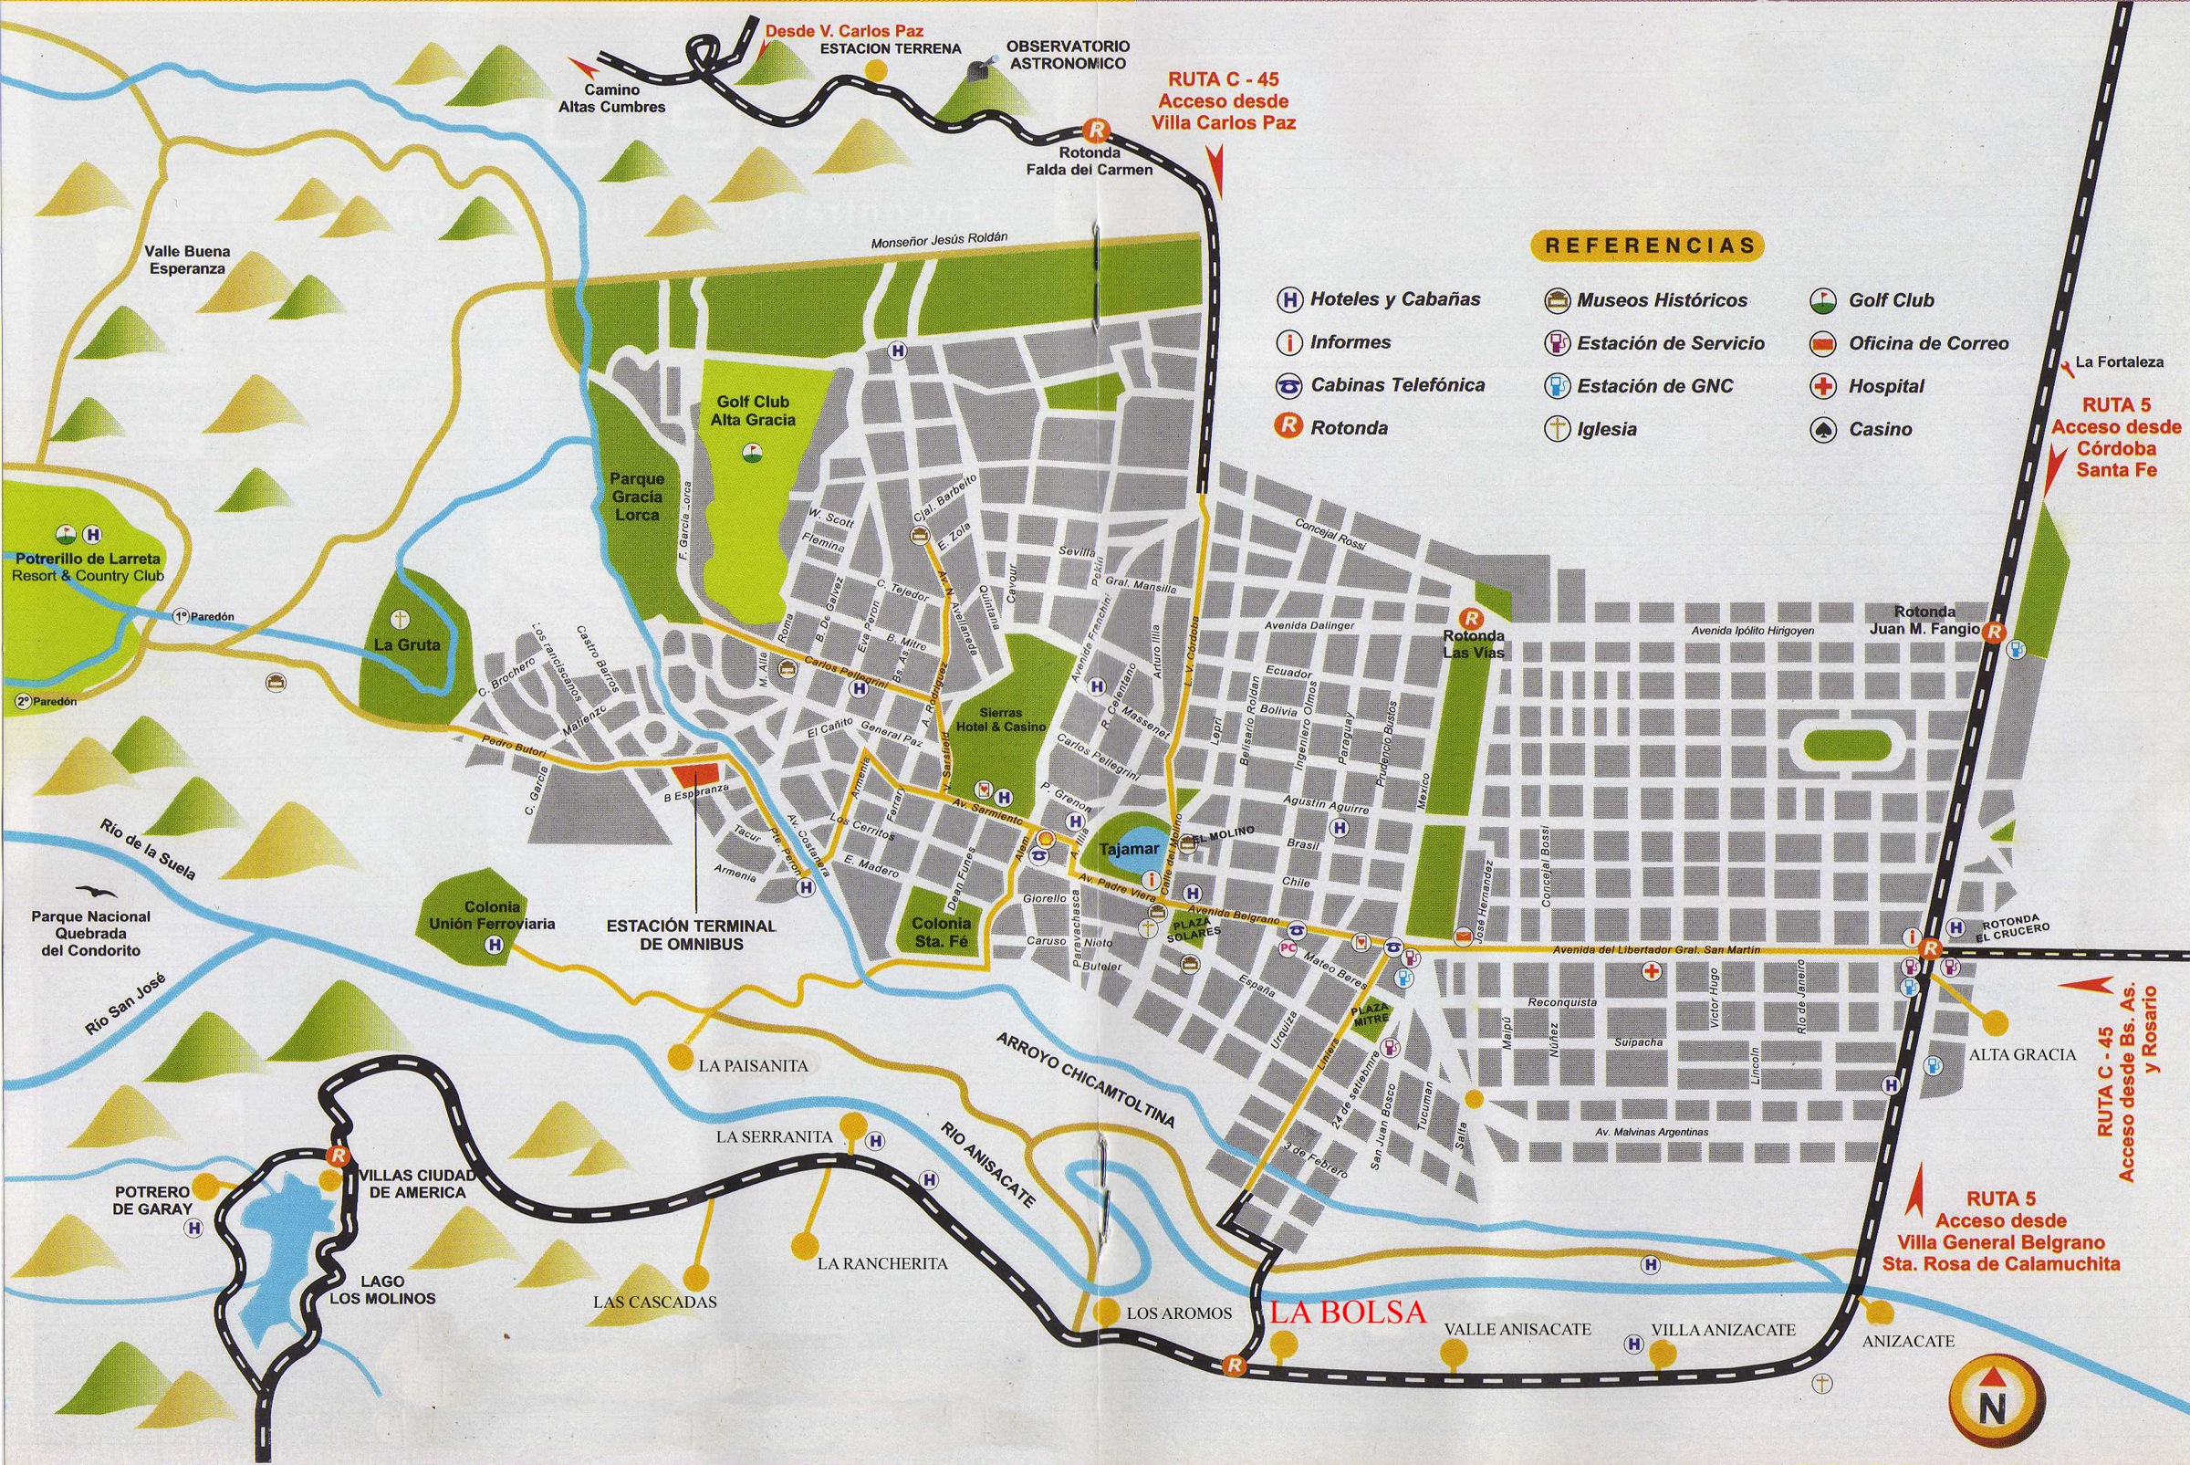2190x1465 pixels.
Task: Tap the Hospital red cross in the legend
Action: (x=1823, y=386)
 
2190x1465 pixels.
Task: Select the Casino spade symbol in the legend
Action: (x=1823, y=429)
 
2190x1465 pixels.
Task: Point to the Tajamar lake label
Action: (x=1128, y=849)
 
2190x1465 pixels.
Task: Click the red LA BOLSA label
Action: (x=1348, y=1312)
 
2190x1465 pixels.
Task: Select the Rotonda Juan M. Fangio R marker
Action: (x=1993, y=633)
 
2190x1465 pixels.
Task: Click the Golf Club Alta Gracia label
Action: (x=753, y=411)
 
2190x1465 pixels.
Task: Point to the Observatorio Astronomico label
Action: (x=1067, y=54)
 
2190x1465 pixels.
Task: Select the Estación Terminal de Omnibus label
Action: (x=691, y=935)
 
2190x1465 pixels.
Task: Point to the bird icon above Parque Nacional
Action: (x=90, y=892)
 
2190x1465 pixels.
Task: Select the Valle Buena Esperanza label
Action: (x=187, y=260)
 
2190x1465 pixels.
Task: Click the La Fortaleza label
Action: (x=2118, y=361)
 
